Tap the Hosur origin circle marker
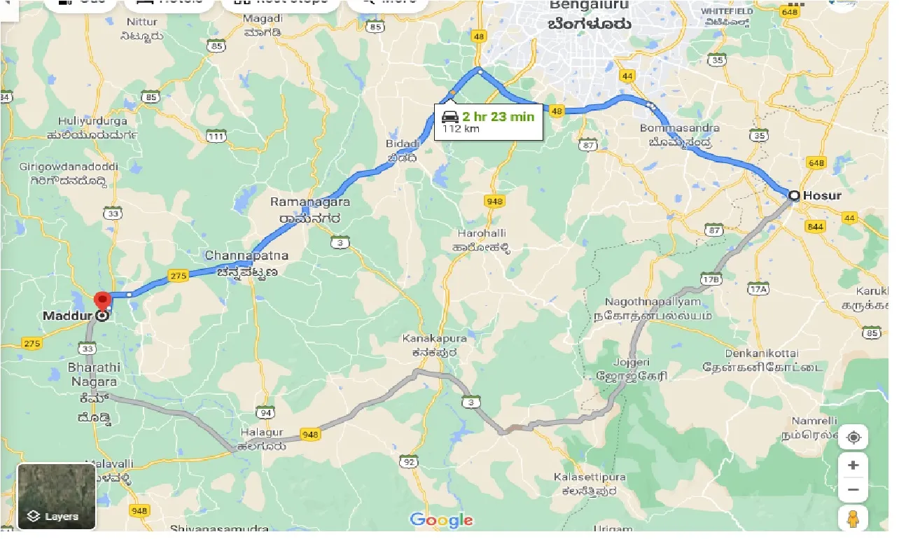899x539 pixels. [794, 196]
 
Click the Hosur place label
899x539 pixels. [823, 195]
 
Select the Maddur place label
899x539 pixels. [68, 316]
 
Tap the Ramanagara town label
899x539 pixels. [310, 202]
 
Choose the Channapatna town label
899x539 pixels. [246, 255]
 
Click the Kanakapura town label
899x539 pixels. [434, 339]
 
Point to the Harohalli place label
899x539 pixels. [482, 232]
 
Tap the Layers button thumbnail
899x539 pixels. [56, 496]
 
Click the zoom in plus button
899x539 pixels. [853, 465]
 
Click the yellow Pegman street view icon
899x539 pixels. [853, 519]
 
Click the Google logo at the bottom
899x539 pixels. [441, 520]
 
